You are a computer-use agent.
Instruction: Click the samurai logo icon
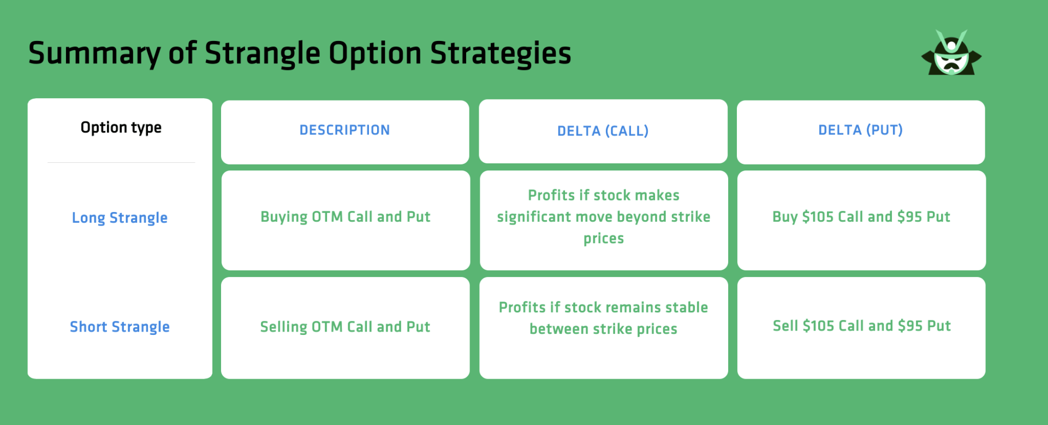951,52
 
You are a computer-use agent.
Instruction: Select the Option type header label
121,127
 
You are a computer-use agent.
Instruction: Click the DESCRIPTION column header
345,130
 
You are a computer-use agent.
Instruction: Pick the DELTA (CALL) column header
603,131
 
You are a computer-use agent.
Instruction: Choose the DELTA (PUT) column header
861,130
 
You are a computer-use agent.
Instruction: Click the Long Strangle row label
120,217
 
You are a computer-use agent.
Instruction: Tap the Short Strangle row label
120,327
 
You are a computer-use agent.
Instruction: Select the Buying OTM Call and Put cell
346,217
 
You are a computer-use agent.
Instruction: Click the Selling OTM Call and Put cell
346,327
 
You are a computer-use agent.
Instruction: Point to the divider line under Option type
121,162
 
